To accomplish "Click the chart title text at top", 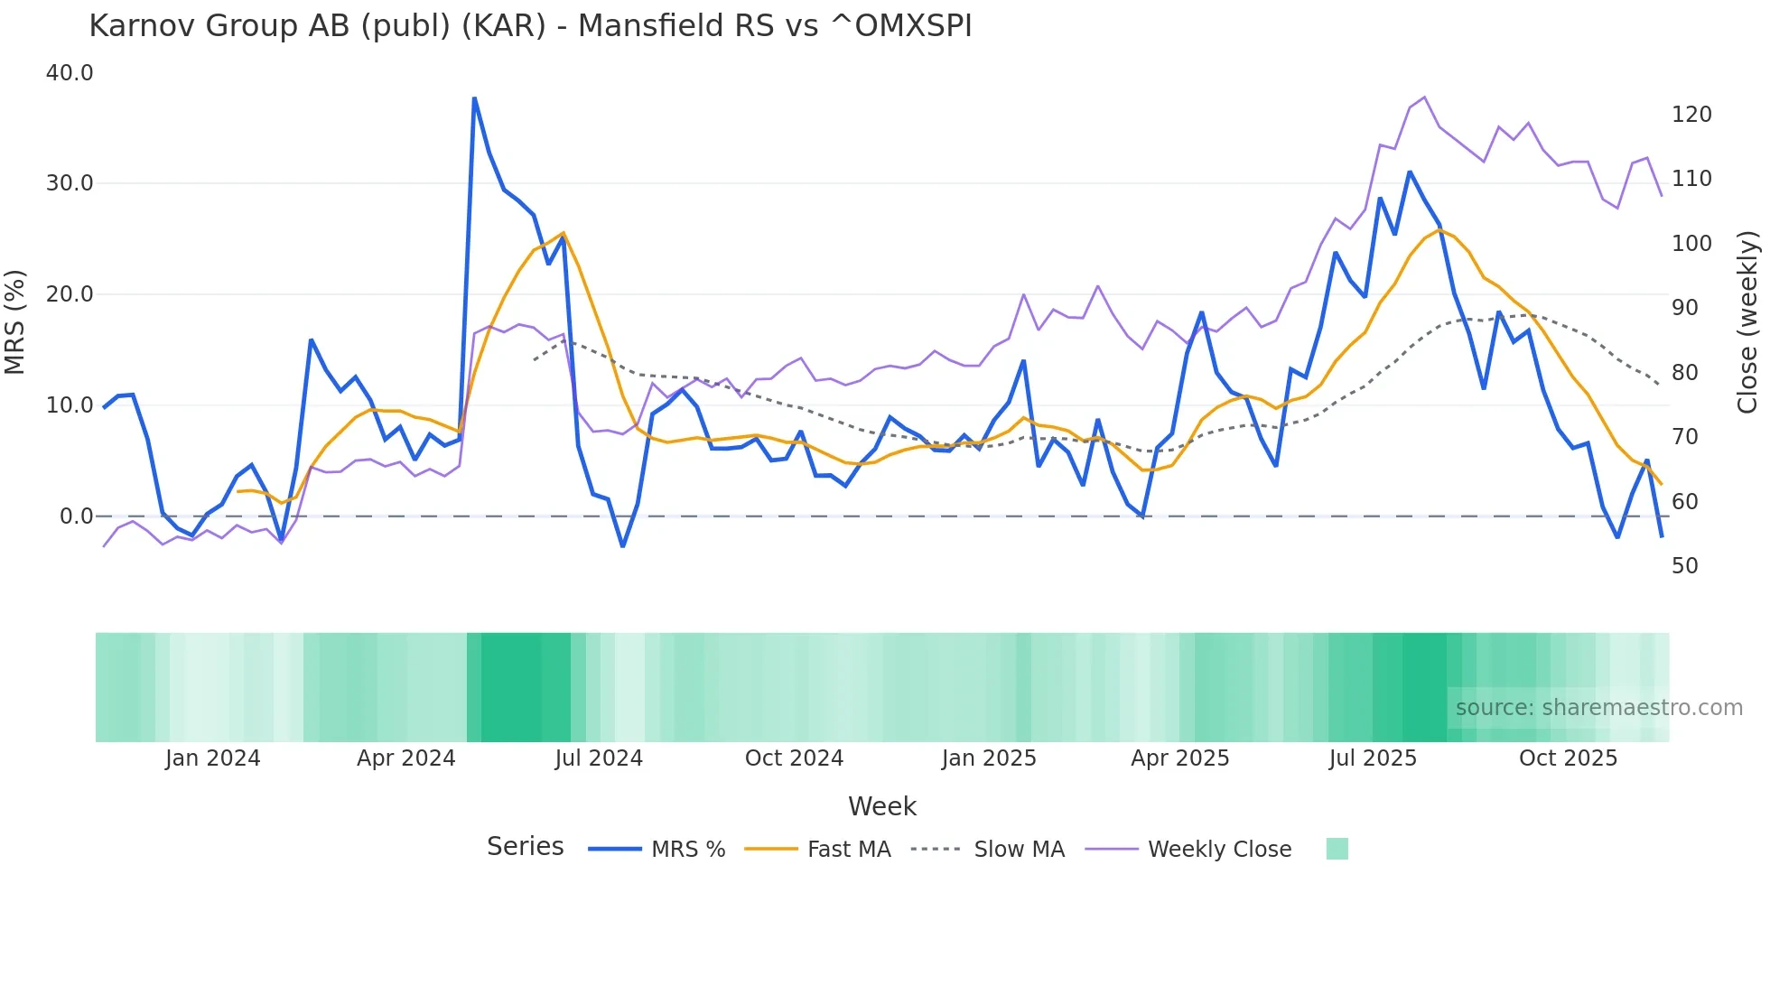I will pyautogui.click(x=530, y=26).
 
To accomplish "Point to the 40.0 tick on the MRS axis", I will pyautogui.click(x=70, y=73).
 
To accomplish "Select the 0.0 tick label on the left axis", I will pyautogui.click(x=76, y=516).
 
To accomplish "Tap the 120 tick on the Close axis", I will pyautogui.click(x=1691, y=115).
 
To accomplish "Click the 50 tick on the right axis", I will pyautogui.click(x=1684, y=566).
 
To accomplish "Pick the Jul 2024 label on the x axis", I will pyautogui.click(x=598, y=758).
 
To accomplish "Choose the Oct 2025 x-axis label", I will pyautogui.click(x=1568, y=758).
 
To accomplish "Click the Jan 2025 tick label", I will pyautogui.click(x=988, y=758).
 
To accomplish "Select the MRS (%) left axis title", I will pyautogui.click(x=15, y=322).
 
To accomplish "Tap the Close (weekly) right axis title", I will pyautogui.click(x=1748, y=322).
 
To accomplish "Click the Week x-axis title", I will pyautogui.click(x=881, y=806).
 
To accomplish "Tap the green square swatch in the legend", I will pyautogui.click(x=1337, y=849).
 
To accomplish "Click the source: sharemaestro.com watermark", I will pyautogui.click(x=1598, y=708).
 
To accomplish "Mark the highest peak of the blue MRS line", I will pyautogui.click(x=474, y=98).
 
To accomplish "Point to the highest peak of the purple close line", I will pyautogui.click(x=1424, y=98).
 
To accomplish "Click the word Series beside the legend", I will pyautogui.click(x=525, y=847).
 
